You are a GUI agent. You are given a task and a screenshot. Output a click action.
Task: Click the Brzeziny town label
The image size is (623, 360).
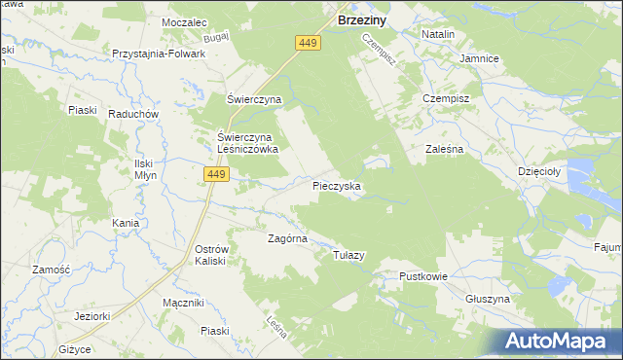(364, 18)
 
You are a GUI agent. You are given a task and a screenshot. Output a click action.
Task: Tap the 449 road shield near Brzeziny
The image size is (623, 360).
(308, 43)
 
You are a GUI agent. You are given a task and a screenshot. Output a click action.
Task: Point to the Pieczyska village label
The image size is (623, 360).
(338, 184)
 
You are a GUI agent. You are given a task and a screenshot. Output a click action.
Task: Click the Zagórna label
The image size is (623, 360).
(288, 238)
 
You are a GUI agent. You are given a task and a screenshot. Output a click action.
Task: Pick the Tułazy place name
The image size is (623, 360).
(348, 255)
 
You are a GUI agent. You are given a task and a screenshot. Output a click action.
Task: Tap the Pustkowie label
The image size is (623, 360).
(423, 276)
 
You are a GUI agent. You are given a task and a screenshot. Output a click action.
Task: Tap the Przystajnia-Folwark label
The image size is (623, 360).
(159, 54)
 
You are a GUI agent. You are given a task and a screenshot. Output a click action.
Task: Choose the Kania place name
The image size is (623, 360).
(126, 223)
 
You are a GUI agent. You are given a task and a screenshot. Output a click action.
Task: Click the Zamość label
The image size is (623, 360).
(50, 270)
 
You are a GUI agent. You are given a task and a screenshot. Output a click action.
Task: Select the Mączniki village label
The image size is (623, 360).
(183, 303)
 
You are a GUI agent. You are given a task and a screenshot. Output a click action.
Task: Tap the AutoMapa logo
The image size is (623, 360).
(558, 341)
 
